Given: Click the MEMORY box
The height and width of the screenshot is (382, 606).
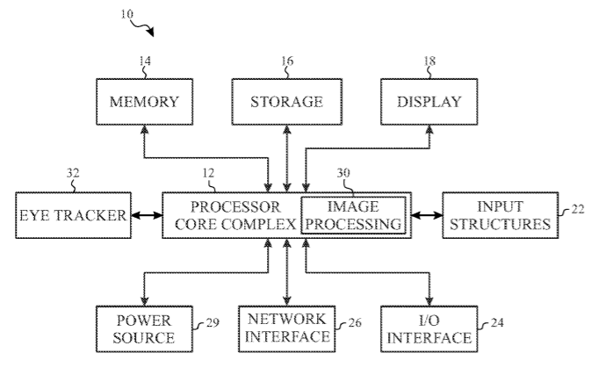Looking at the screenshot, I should click(144, 101).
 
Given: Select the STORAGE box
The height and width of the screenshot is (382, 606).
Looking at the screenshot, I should click(289, 101).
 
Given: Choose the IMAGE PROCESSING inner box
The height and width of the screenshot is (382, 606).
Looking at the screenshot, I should click(354, 216).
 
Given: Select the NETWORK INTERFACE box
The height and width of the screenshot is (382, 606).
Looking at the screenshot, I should click(287, 327).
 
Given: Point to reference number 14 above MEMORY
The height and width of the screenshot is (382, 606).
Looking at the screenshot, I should click(145, 62).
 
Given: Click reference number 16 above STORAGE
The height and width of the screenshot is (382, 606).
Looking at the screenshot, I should click(287, 62).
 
